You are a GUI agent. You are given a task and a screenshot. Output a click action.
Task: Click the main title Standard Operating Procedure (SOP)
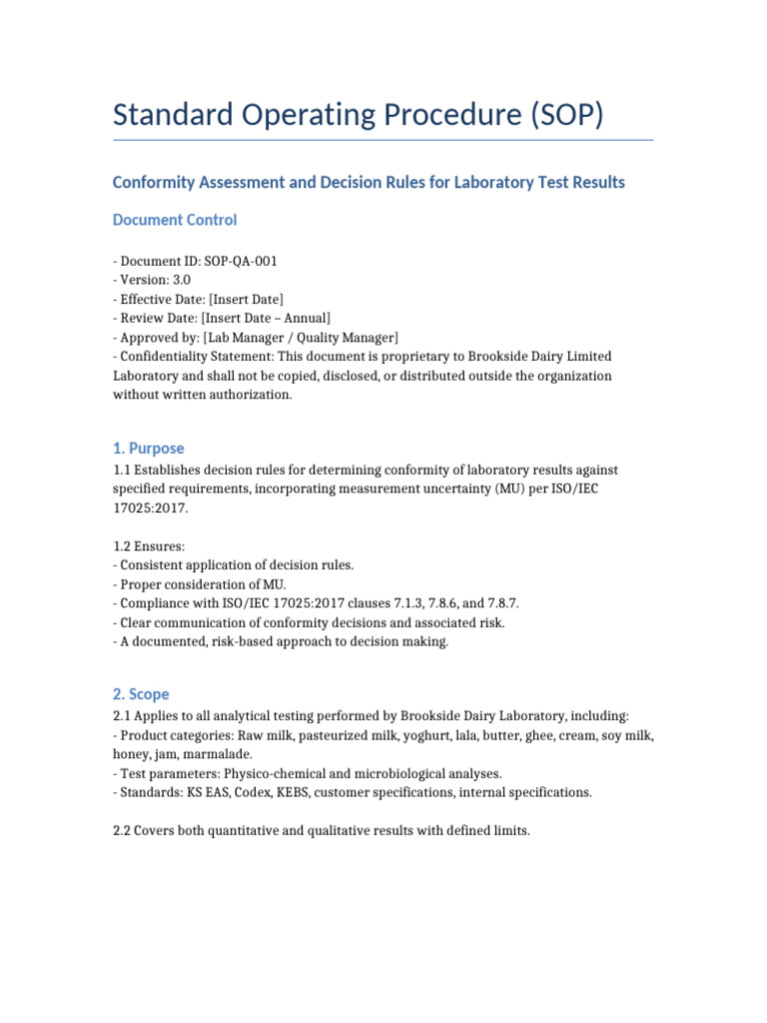[x=359, y=115]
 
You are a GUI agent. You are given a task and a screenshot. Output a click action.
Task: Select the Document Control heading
[x=175, y=219]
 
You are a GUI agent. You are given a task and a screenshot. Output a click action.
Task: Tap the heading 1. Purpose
[x=149, y=449]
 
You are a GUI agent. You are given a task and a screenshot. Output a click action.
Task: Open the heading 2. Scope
[x=141, y=693]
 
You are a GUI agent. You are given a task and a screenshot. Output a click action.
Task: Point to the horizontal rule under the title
[x=383, y=140]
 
